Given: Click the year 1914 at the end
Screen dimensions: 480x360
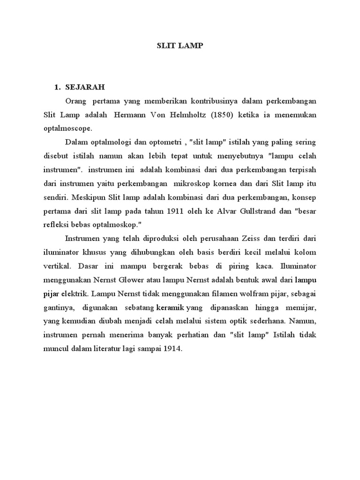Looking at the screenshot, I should pos(172,348).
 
